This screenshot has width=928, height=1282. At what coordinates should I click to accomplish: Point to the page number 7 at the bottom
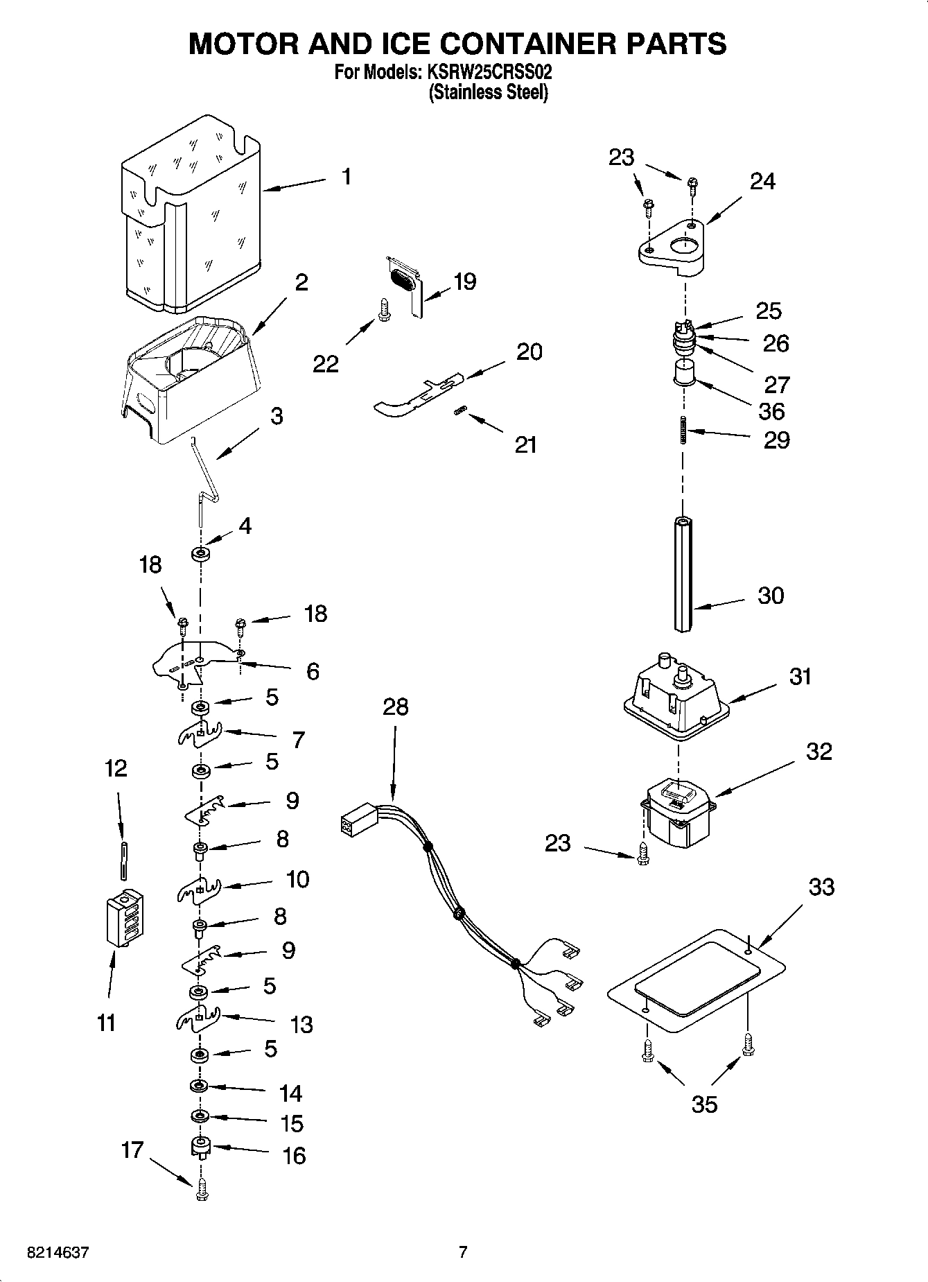(463, 1252)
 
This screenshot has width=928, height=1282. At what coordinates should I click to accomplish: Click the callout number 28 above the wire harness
(395, 707)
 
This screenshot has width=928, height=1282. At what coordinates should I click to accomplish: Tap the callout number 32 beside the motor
(818, 752)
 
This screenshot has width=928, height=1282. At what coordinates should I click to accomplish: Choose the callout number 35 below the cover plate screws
(704, 1104)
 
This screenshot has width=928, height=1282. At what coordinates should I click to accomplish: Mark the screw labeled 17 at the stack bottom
(202, 1190)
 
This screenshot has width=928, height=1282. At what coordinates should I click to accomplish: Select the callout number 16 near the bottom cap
(294, 1155)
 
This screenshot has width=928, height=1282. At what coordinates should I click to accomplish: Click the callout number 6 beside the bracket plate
(313, 671)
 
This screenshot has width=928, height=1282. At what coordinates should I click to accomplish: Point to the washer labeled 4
(200, 554)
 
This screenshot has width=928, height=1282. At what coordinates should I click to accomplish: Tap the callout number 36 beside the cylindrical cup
(771, 411)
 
